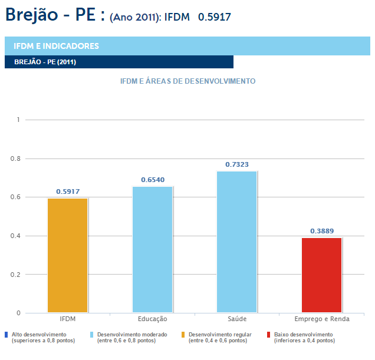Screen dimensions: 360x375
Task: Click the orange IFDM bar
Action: tap(68, 255)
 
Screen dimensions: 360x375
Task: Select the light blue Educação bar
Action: tap(152, 249)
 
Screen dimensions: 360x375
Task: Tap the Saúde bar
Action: tap(237, 242)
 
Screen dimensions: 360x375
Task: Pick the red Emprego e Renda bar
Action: tap(321, 275)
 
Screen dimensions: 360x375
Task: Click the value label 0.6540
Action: tap(153, 179)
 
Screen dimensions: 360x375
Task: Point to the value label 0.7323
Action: tap(237, 164)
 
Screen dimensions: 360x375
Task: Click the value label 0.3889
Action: tap(322, 231)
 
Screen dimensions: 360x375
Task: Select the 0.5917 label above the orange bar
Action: tap(68, 191)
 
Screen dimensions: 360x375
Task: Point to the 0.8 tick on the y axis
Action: tap(15, 158)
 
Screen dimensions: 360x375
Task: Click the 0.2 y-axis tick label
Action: tap(15, 275)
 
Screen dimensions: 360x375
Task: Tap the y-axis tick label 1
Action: tap(18, 120)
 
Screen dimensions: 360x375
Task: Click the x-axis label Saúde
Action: tap(237, 319)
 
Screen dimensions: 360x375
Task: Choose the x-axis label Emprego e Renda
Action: tap(322, 319)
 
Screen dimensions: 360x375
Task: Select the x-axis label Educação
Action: tap(152, 319)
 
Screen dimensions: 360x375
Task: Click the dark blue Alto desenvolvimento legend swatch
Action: tap(6, 335)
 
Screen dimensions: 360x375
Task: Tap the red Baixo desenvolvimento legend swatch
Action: tap(269, 335)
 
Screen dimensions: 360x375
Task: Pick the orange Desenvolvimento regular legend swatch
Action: tap(183, 335)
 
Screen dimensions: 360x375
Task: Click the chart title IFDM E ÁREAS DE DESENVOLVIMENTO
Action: tap(187, 81)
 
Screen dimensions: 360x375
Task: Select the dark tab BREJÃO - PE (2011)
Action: tap(119, 62)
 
